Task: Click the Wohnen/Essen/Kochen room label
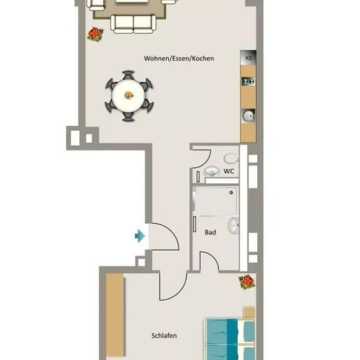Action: click(x=179, y=58)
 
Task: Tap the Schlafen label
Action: click(x=164, y=336)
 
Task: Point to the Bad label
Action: click(x=210, y=232)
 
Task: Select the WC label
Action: click(x=229, y=171)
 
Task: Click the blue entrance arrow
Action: click(x=140, y=236)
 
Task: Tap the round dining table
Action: click(x=128, y=96)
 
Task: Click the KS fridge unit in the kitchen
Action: click(x=248, y=58)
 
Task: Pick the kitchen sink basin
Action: click(x=249, y=115)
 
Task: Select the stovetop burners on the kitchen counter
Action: click(x=249, y=81)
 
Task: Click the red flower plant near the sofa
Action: click(x=96, y=34)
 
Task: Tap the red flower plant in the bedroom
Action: click(x=247, y=281)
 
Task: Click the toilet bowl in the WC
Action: click(x=231, y=158)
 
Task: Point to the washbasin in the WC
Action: click(x=211, y=171)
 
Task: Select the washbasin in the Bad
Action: click(x=234, y=226)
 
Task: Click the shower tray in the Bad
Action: click(x=215, y=201)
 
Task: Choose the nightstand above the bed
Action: click(x=249, y=312)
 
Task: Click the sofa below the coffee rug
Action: click(x=133, y=24)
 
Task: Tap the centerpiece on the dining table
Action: click(x=128, y=95)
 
